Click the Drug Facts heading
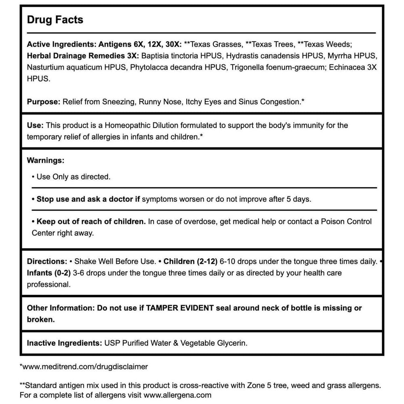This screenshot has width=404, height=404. coord(55,20)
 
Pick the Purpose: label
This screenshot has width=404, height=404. coord(44,102)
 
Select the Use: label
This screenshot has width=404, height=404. coord(34,125)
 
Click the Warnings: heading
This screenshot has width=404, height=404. coord(45,160)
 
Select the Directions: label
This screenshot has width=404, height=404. coord(47,261)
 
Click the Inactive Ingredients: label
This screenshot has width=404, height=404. coord(64,343)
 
